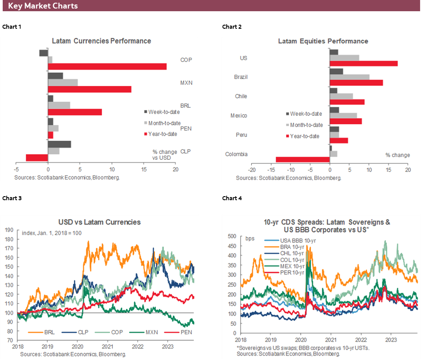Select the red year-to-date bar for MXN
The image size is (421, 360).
[x=89, y=89]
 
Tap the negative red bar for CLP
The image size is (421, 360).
[x=37, y=158]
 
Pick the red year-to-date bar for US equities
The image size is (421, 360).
[x=364, y=63]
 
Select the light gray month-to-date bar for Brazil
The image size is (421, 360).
[x=349, y=77]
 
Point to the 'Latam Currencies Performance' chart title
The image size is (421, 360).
[x=101, y=41]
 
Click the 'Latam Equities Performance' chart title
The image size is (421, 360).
[x=323, y=41]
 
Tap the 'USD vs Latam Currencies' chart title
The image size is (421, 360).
[x=99, y=222]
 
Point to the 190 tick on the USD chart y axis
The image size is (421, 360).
[x=9, y=229]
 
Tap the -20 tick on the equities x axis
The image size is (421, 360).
[x=252, y=171]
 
